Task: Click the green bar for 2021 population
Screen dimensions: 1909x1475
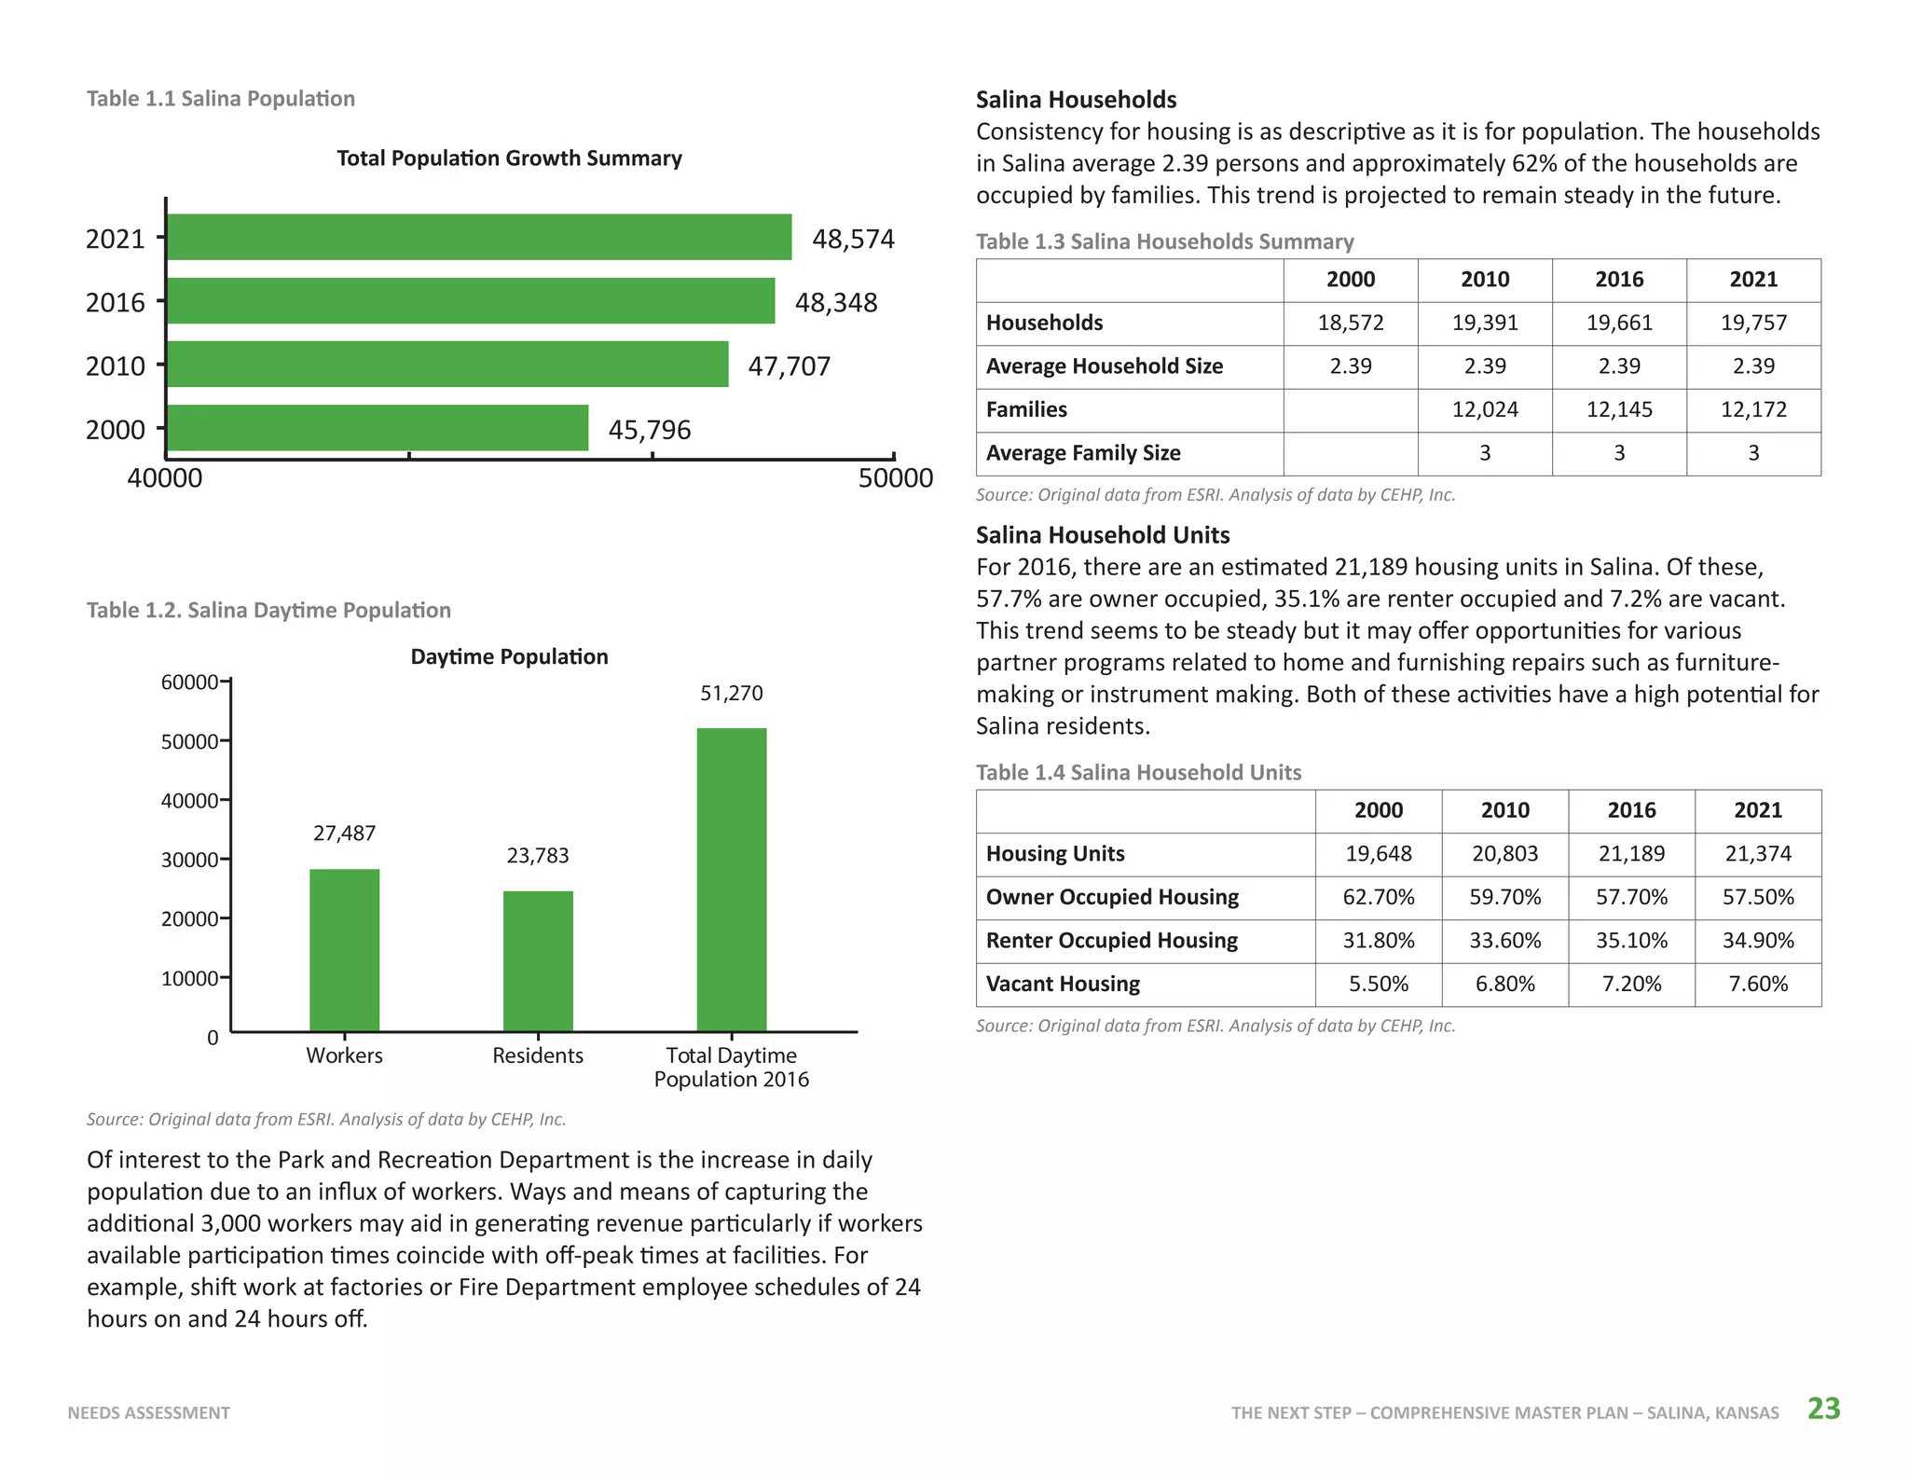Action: [479, 237]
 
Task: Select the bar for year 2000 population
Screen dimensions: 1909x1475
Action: [378, 428]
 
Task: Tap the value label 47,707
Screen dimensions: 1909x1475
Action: [789, 365]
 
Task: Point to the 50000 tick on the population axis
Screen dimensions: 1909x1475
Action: [894, 456]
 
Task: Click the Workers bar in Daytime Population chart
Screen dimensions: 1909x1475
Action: [344, 950]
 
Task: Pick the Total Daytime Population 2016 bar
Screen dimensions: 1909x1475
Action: [732, 879]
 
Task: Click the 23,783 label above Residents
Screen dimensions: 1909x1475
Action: [538, 856]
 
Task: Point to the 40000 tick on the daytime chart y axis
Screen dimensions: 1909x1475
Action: [225, 800]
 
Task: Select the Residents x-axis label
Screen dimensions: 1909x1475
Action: [538, 1055]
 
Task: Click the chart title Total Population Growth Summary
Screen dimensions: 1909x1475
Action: [509, 159]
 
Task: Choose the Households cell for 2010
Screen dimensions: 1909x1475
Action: [1485, 323]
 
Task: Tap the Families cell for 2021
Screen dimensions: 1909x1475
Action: [1753, 409]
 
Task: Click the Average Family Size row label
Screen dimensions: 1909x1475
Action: [1083, 453]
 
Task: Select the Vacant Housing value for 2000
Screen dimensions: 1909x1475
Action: [1379, 984]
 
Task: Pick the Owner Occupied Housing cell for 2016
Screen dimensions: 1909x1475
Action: [1631, 897]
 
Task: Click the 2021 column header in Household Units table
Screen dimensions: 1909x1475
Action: [1758, 810]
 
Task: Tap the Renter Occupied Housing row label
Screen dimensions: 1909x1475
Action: [1112, 940]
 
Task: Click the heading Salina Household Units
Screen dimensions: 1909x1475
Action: [1103, 535]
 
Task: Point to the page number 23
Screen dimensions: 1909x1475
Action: [1824, 1408]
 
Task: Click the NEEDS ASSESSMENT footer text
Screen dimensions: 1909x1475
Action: [149, 1413]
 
